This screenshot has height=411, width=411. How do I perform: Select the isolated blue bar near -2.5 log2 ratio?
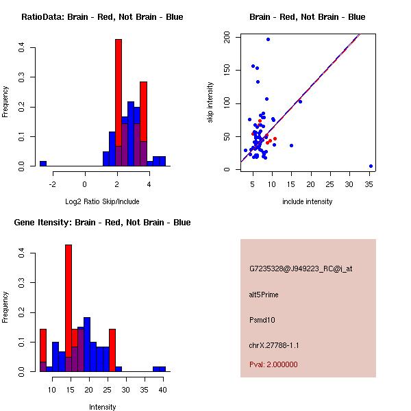(x=43, y=164)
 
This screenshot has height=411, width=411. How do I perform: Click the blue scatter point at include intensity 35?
(x=371, y=166)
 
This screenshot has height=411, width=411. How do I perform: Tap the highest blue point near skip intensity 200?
(x=268, y=39)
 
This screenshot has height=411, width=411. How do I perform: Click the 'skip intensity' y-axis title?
(x=211, y=103)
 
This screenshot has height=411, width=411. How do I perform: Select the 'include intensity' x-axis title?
(x=308, y=201)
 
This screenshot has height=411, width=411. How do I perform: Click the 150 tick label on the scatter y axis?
(x=226, y=70)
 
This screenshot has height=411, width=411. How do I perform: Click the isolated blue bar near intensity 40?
(x=159, y=369)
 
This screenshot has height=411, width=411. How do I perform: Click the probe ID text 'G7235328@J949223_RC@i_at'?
(x=301, y=269)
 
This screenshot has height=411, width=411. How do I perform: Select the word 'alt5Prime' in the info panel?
(x=264, y=295)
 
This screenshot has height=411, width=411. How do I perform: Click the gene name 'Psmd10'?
(x=262, y=320)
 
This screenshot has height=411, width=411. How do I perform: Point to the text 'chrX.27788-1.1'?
(x=274, y=345)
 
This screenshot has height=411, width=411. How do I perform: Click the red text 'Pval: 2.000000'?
(x=273, y=364)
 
